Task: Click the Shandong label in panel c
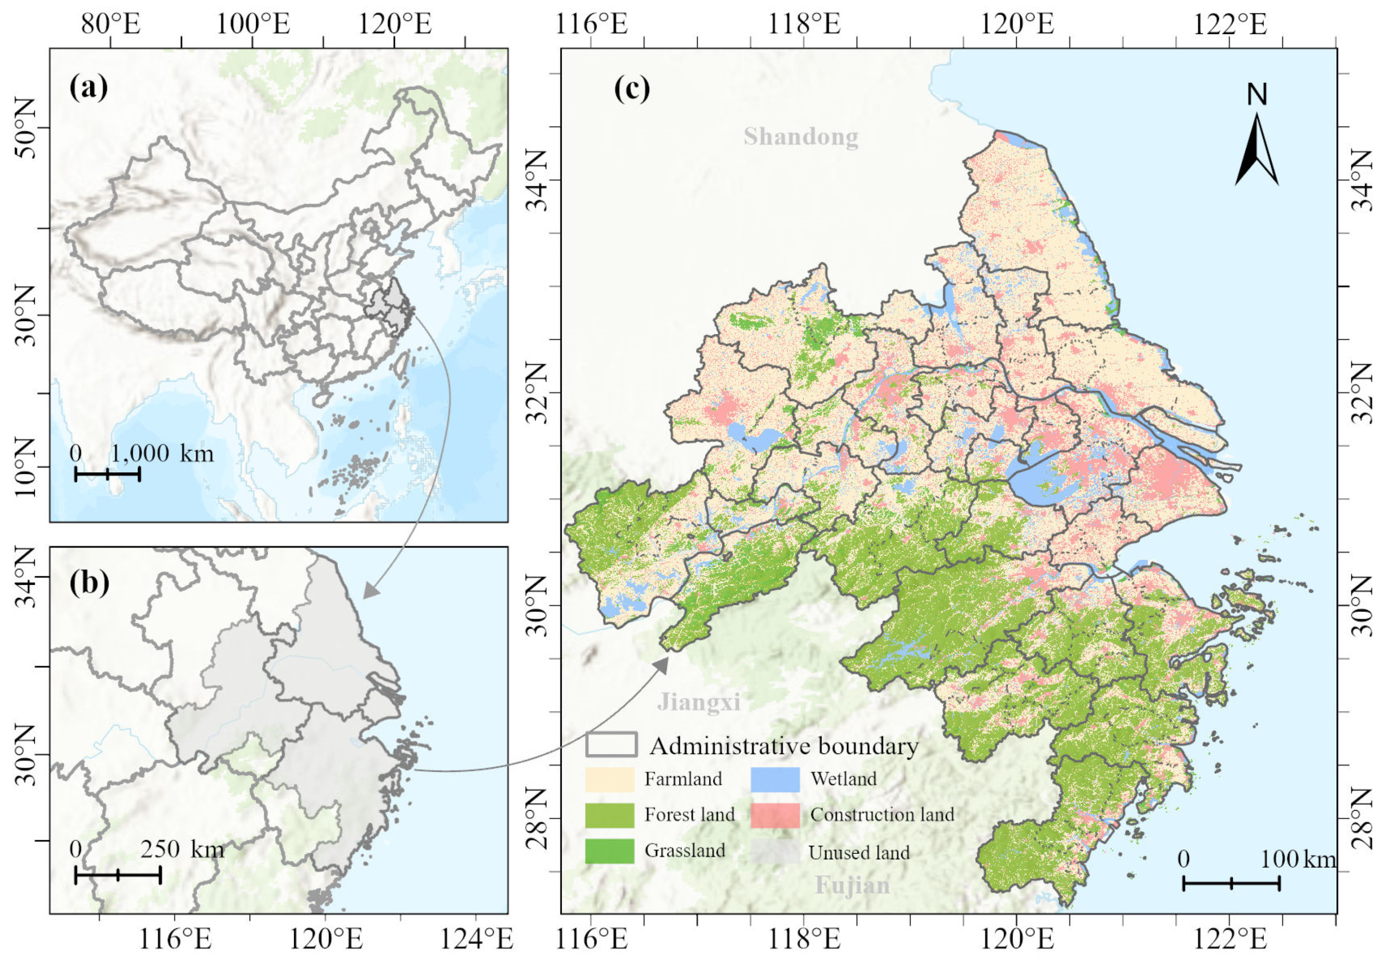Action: click(x=800, y=137)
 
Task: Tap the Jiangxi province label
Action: click(x=698, y=702)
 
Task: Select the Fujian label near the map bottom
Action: click(x=852, y=886)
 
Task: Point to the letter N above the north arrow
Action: click(x=1257, y=95)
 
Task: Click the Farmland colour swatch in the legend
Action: click(x=609, y=779)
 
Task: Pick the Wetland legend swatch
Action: click(x=775, y=779)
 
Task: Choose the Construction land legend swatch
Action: click(x=775, y=815)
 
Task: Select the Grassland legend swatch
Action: click(x=609, y=851)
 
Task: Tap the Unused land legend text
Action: click(x=859, y=853)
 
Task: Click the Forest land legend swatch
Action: click(x=609, y=815)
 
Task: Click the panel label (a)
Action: click(x=89, y=88)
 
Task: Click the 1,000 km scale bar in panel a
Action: click(x=107, y=474)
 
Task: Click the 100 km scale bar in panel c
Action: click(x=1231, y=884)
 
